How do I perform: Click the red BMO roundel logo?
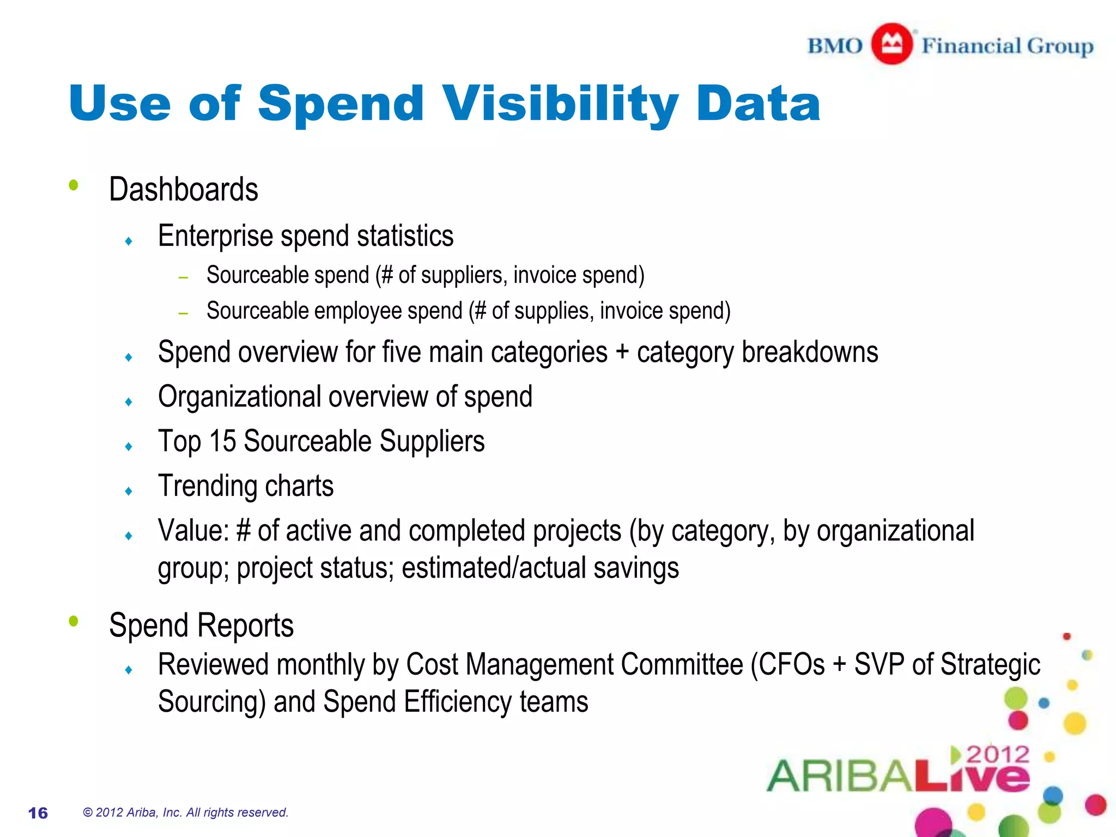(891, 44)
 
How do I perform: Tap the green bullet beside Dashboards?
(74, 185)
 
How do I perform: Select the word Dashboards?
(184, 190)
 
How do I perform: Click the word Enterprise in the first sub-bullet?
(215, 236)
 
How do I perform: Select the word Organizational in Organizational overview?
(239, 397)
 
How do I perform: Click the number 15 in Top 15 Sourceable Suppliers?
(222, 441)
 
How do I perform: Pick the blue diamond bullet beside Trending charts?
(129, 491)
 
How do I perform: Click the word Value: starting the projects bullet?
(193, 531)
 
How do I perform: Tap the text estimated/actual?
(494, 568)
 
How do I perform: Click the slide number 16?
(38, 813)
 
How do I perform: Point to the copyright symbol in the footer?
(88, 812)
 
